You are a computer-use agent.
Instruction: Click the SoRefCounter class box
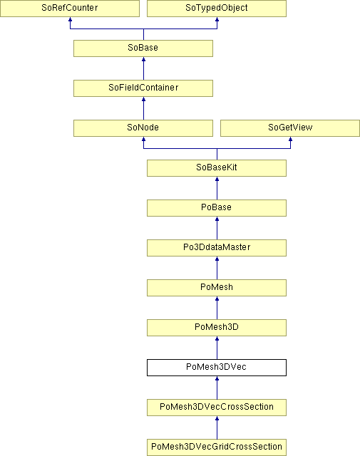pos(70,8)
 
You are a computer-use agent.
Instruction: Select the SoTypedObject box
pos(217,8)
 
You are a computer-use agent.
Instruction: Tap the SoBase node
pos(143,48)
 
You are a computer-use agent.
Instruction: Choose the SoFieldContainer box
pos(143,88)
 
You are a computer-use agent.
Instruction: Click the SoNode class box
pos(143,128)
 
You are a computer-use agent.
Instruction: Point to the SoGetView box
pos(290,128)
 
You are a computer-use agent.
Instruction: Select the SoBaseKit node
pos(217,168)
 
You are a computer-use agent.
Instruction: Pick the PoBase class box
pos(217,208)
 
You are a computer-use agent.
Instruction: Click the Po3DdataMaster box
pos(217,248)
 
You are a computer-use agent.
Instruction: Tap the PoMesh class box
pos(217,288)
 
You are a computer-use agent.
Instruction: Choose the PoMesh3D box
pos(217,328)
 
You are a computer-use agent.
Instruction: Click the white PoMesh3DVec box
pos(217,368)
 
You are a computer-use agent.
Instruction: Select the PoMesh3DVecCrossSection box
pos(217,408)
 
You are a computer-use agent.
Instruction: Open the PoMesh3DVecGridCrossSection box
pos(217,447)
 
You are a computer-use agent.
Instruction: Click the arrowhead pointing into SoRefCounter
pos(70,19)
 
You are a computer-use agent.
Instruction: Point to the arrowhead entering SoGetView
pos(290,139)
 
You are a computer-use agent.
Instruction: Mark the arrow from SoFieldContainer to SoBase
pos(143,68)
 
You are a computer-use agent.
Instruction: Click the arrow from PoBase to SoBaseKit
pos(217,188)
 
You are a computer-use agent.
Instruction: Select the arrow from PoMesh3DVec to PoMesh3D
pos(217,348)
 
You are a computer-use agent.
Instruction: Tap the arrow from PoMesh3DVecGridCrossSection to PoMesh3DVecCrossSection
pos(217,427)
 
